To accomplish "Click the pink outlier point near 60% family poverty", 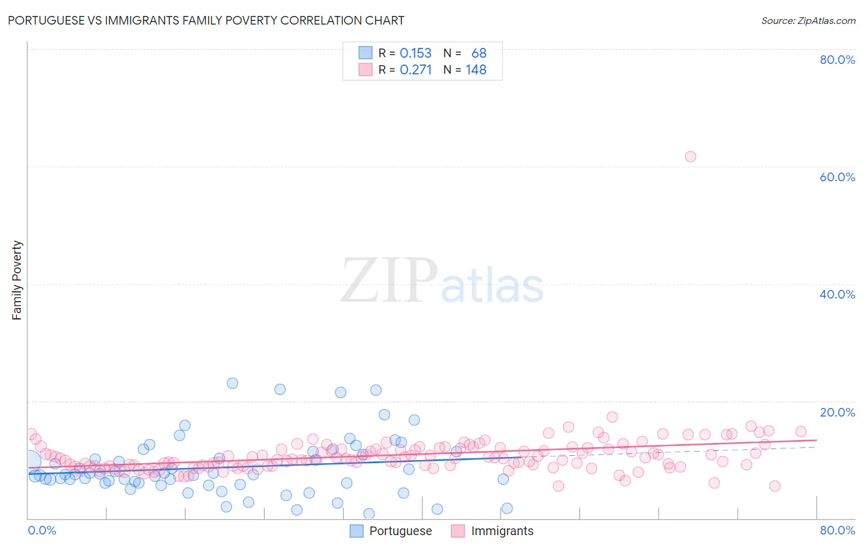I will pos(690,157).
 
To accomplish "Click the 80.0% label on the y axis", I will pos(837,60).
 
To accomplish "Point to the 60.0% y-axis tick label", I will pos(837,177).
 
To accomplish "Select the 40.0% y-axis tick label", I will pos(837,294).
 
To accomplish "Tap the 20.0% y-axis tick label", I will pos(837,412).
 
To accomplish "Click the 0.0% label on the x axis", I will pos(42,530).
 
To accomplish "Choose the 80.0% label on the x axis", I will pos(837,530).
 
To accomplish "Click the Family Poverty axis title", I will pos(17,280).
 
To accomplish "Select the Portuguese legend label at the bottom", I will pos(400,531).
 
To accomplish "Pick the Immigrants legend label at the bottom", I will pos(502,531).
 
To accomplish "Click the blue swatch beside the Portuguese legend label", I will pos(357,531).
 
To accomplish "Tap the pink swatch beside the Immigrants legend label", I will pos(458,531).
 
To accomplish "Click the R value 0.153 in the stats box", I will pos(416,53).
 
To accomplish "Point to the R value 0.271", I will pos(416,69).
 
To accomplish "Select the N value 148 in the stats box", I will pos(476,69).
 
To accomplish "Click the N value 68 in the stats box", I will pos(479,53).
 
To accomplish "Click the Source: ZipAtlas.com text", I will pos(808,20).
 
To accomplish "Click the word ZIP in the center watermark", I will pos(389,281).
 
